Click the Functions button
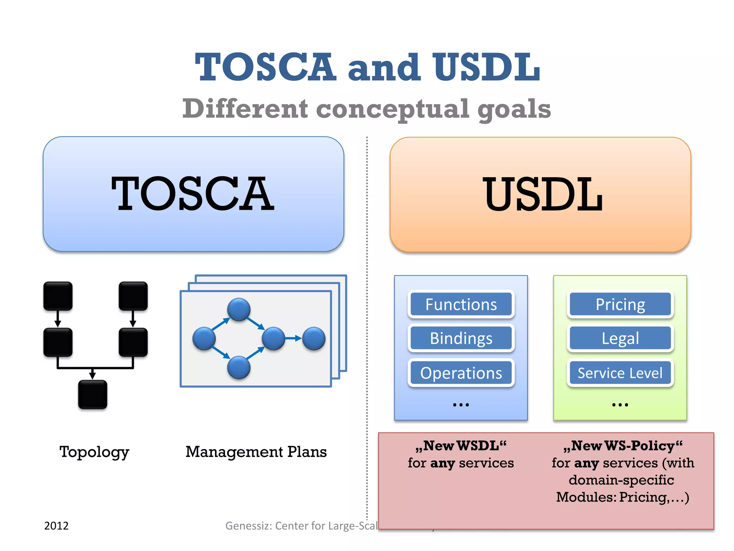[461, 305]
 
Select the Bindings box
[461, 338]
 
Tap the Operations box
[461, 373]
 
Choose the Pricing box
[620, 305]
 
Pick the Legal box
[620, 338]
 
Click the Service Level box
[620, 373]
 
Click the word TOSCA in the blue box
[193, 194]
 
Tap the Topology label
[94, 452]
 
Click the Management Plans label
[256, 452]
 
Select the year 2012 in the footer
[56, 526]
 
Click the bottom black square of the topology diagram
[92, 395]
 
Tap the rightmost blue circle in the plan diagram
[314, 338]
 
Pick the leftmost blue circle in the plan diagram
[204, 338]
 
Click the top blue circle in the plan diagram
[239, 309]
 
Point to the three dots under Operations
[461, 405]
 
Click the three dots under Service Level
[620, 405]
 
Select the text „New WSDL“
[461, 446]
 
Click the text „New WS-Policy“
[623, 446]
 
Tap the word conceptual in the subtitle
[392, 109]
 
